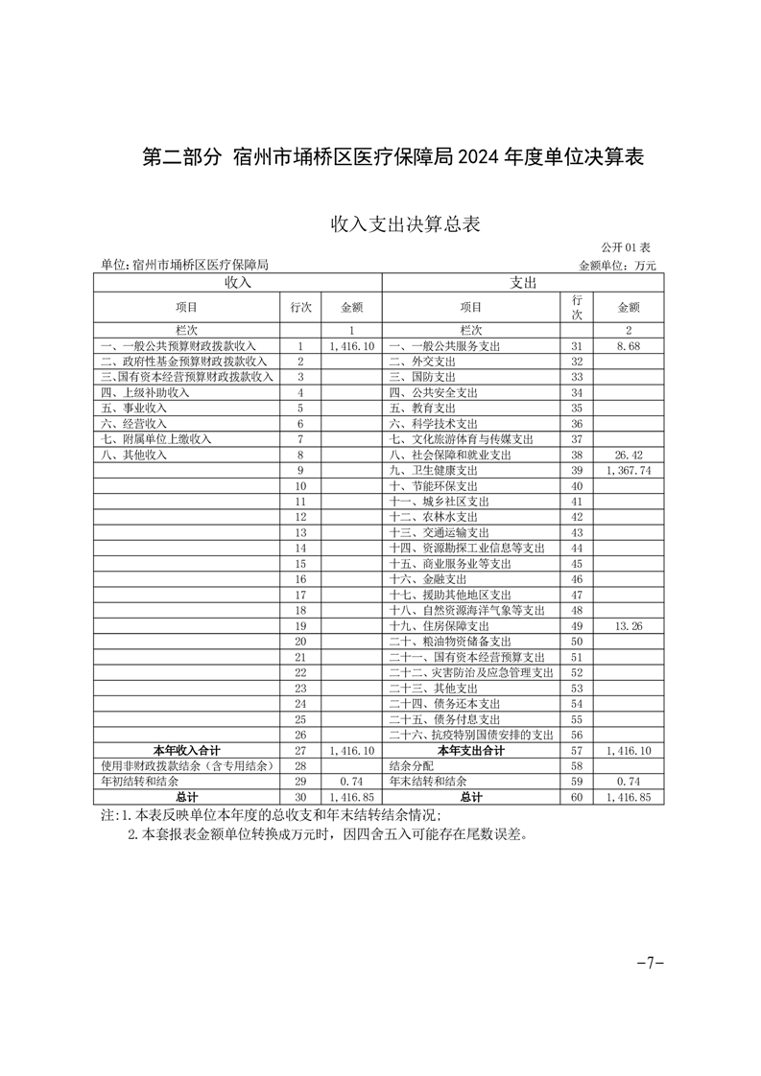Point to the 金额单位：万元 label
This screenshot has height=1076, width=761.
(616, 265)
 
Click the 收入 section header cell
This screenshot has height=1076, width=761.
(237, 283)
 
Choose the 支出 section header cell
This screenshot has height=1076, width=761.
(522, 283)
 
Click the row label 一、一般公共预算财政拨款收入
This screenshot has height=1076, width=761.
(178, 346)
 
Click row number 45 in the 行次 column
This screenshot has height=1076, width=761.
(577, 564)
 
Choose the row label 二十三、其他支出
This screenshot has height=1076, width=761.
(440, 689)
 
